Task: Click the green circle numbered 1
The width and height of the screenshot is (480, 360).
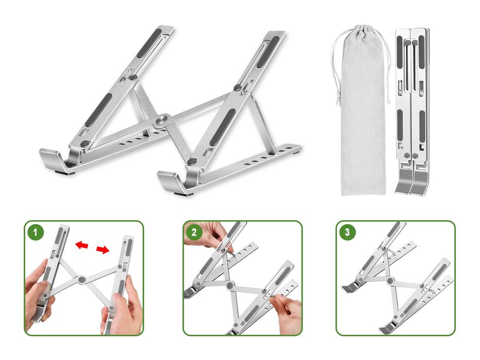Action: pyautogui.click(x=35, y=232)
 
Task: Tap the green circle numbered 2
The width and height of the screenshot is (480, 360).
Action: pyautogui.click(x=194, y=232)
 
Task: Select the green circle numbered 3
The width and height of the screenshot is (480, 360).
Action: pyautogui.click(x=347, y=232)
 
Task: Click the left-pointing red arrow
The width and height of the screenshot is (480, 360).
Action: pyautogui.click(x=82, y=245)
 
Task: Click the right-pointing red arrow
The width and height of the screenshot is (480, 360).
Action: pyautogui.click(x=103, y=250)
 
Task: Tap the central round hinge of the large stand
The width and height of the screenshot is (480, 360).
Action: pyautogui.click(x=162, y=120)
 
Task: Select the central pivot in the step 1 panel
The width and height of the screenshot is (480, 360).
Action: pyautogui.click(x=81, y=279)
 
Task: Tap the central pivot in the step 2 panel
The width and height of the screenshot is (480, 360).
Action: pyautogui.click(x=229, y=285)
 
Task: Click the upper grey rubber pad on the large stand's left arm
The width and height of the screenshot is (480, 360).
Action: pyautogui.click(x=149, y=43)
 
